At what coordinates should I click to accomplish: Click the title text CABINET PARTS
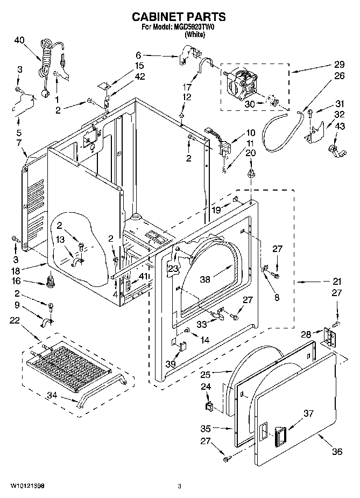click(180, 17)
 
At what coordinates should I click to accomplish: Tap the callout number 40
click(19, 40)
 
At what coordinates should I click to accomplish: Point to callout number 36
click(337, 452)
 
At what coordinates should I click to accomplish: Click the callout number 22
click(15, 321)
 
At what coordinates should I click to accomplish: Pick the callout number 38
click(205, 279)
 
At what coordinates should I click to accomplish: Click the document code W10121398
click(27, 486)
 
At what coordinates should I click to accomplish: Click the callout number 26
click(339, 76)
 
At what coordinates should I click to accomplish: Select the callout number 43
click(339, 126)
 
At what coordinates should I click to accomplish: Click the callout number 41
click(143, 276)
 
